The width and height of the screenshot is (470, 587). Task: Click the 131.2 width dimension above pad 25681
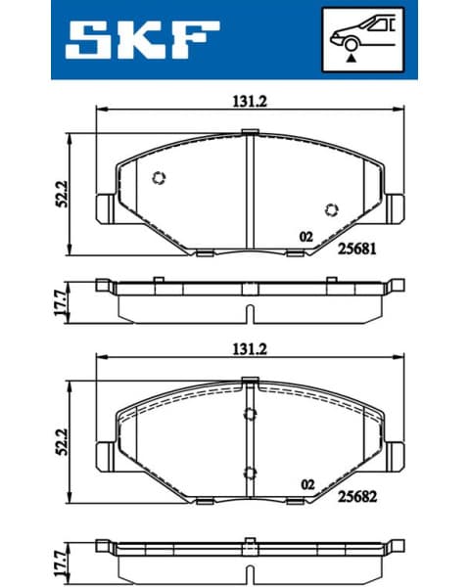click(249, 100)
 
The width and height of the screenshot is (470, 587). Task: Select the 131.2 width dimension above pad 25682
click(249, 349)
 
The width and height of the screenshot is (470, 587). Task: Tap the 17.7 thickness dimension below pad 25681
click(58, 301)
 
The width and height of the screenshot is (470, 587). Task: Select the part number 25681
click(356, 248)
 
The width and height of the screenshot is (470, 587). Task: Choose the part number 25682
click(356, 498)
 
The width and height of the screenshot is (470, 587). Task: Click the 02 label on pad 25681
click(305, 237)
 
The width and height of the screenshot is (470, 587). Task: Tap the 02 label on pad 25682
click(306, 484)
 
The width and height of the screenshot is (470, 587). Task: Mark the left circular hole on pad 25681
click(161, 177)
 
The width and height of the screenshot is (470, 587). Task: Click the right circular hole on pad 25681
click(331, 208)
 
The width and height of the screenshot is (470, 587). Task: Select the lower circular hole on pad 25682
click(249, 474)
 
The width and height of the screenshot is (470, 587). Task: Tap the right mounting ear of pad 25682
click(394, 455)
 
